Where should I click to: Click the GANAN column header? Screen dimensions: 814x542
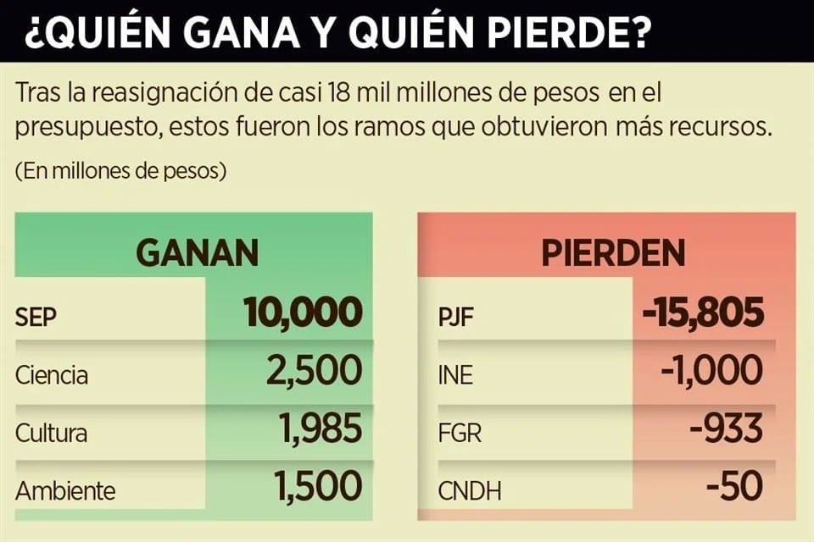pos(198,252)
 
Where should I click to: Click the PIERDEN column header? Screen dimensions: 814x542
pos(613,252)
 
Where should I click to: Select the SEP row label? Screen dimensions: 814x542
pos(36,317)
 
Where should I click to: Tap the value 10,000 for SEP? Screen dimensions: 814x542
pos(303,312)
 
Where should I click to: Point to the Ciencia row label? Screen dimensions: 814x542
pos(52,374)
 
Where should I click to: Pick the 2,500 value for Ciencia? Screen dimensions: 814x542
pos(314,371)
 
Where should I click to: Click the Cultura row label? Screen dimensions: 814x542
pos(51,433)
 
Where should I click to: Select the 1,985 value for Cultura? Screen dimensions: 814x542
pos(321,429)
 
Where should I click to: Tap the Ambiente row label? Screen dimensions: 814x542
pos(65,490)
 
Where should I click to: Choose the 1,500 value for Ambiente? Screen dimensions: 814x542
pos(317,487)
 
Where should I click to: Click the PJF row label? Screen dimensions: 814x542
pos(456,317)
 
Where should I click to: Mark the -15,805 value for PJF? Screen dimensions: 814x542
pos(703,312)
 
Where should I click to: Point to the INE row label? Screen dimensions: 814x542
pos(455,374)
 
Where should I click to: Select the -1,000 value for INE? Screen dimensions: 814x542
pos(711,371)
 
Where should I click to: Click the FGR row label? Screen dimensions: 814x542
pos(460,433)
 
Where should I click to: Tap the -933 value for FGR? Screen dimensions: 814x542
pos(727,429)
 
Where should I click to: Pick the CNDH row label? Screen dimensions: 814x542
pos(469,490)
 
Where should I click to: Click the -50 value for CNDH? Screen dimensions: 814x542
pos(734,487)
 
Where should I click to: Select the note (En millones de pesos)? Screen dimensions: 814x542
pos(120,170)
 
